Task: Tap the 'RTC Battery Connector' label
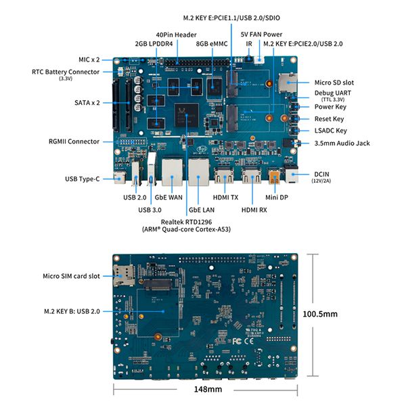pyautogui.click(x=66, y=72)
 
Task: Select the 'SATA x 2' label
pyautogui.click(x=87, y=103)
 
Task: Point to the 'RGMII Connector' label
pyautogui.click(x=74, y=141)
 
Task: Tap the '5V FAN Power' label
pyautogui.click(x=262, y=34)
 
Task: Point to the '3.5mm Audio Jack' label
pyautogui.click(x=342, y=143)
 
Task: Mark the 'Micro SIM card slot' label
pyautogui.click(x=70, y=276)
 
